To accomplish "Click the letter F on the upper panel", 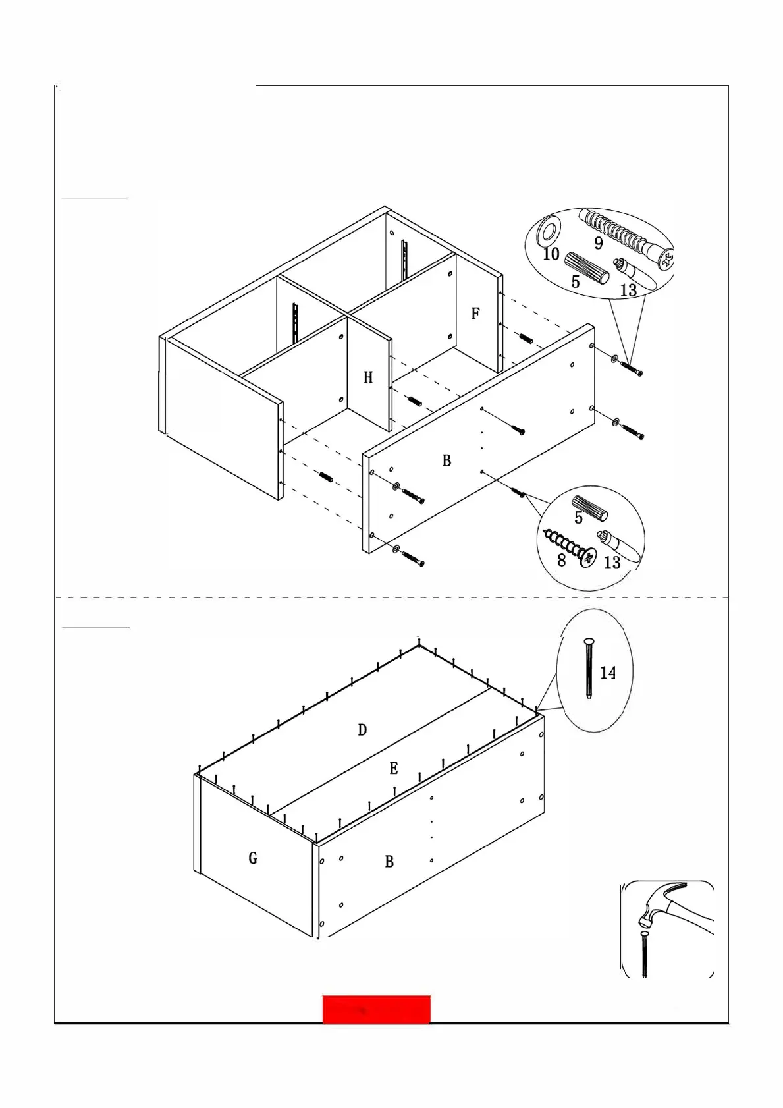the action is [x=475, y=314].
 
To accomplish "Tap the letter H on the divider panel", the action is [x=368, y=377].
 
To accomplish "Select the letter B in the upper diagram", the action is [x=446, y=460].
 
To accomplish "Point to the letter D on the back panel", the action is [x=362, y=730].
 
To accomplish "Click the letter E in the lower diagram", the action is [x=394, y=768].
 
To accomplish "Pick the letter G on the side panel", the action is [x=253, y=858].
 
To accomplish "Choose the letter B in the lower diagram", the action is [x=389, y=861].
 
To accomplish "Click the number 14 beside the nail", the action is [x=608, y=673].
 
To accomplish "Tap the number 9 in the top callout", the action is [x=599, y=243].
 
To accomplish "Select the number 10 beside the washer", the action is [x=551, y=254].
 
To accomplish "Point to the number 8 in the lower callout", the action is [x=561, y=561].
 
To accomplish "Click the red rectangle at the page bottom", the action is [x=376, y=1009].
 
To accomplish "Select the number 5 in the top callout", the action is [x=575, y=282].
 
